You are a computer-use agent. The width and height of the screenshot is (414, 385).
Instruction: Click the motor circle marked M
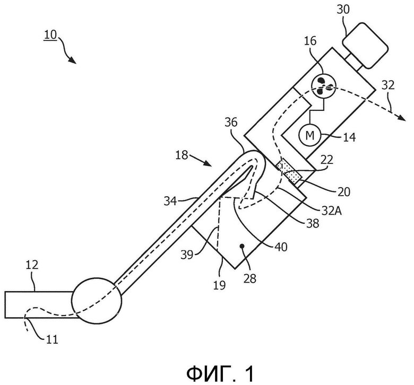[309, 135]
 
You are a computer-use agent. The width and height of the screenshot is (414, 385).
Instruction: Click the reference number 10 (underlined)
[50, 34]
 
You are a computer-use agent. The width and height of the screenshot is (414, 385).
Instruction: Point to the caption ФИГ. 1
[220, 374]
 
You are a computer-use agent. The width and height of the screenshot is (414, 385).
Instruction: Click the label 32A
[331, 211]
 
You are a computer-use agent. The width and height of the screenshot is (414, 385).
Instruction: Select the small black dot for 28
[241, 247]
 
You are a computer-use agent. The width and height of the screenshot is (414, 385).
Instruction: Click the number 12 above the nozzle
[32, 265]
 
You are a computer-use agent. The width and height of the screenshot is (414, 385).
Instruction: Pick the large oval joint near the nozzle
[97, 301]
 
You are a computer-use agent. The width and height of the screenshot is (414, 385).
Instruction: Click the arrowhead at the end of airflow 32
[402, 118]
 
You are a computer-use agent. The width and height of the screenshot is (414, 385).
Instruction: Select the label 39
[187, 255]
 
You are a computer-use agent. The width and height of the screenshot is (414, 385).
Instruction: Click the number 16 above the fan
[310, 41]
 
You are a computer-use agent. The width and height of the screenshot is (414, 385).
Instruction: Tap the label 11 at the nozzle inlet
[52, 339]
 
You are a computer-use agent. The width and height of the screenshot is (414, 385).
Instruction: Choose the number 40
[281, 247]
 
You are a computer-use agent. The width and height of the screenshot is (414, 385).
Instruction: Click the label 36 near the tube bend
[231, 122]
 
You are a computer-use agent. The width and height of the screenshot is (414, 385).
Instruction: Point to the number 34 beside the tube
[170, 202]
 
